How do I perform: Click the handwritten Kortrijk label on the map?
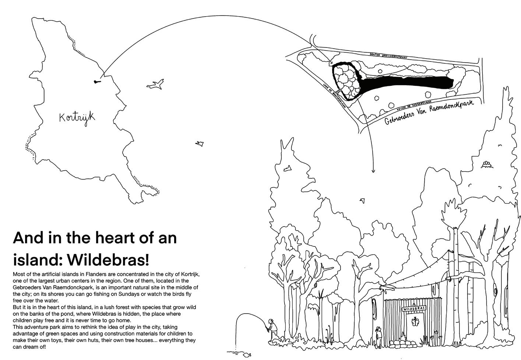[x=77, y=118]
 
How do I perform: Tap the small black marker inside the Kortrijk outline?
[x=96, y=81]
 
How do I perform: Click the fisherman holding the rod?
[x=271, y=328]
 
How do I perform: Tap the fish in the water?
[x=246, y=354]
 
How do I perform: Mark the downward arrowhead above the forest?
[x=373, y=171]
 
